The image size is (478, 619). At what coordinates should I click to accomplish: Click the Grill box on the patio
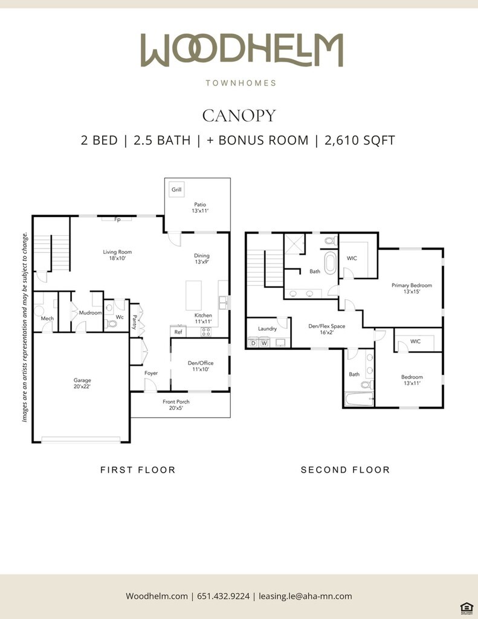coord(176,189)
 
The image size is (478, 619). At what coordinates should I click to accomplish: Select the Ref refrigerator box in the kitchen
coord(178,332)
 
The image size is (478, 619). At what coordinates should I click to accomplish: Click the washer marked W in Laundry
coord(263,343)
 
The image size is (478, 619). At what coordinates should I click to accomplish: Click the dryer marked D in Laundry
coord(253,343)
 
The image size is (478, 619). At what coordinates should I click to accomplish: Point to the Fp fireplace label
coord(117,219)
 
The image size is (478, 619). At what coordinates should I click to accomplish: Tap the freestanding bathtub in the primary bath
coord(330,263)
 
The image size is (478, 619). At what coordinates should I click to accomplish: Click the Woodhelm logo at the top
coord(242,50)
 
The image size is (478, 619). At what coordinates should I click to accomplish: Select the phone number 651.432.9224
coord(224,595)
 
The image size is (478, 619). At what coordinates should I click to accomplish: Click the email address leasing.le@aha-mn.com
coord(305,596)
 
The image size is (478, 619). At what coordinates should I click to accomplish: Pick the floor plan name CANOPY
coord(239,115)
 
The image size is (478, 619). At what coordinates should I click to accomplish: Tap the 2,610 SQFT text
coord(360,140)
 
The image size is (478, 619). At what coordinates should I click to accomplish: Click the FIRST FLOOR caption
coord(138,470)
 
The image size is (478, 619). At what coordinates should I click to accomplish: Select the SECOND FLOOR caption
coord(346,470)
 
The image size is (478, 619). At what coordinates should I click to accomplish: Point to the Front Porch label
coord(176,401)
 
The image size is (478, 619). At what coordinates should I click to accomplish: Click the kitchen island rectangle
coord(194,296)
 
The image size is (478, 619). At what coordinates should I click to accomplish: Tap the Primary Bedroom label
coord(412,285)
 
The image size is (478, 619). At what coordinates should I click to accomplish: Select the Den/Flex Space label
coord(327,326)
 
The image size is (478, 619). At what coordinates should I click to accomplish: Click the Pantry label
coord(135,322)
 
